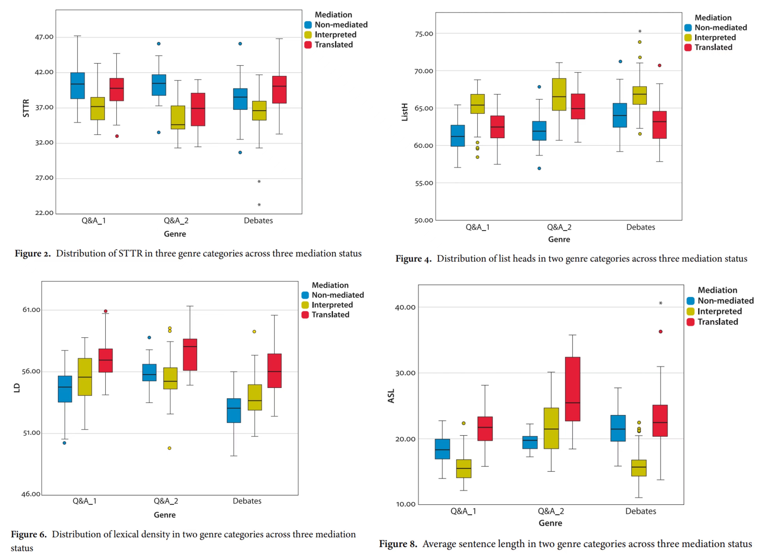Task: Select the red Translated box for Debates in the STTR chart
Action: coord(279,90)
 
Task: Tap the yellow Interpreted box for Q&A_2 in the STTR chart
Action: coord(178,117)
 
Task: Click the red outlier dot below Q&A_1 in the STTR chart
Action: coord(117,136)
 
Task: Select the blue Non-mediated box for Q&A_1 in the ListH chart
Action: coord(457,136)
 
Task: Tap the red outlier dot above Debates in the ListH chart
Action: coord(659,65)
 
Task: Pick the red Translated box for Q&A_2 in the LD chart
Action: coord(190,355)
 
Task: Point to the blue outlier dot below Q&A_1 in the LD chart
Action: coord(65,443)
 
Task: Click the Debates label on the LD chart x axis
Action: coord(247,501)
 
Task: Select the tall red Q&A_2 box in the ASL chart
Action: coord(573,389)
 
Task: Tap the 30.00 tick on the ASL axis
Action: coord(405,373)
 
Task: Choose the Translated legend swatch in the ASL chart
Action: coord(690,322)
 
